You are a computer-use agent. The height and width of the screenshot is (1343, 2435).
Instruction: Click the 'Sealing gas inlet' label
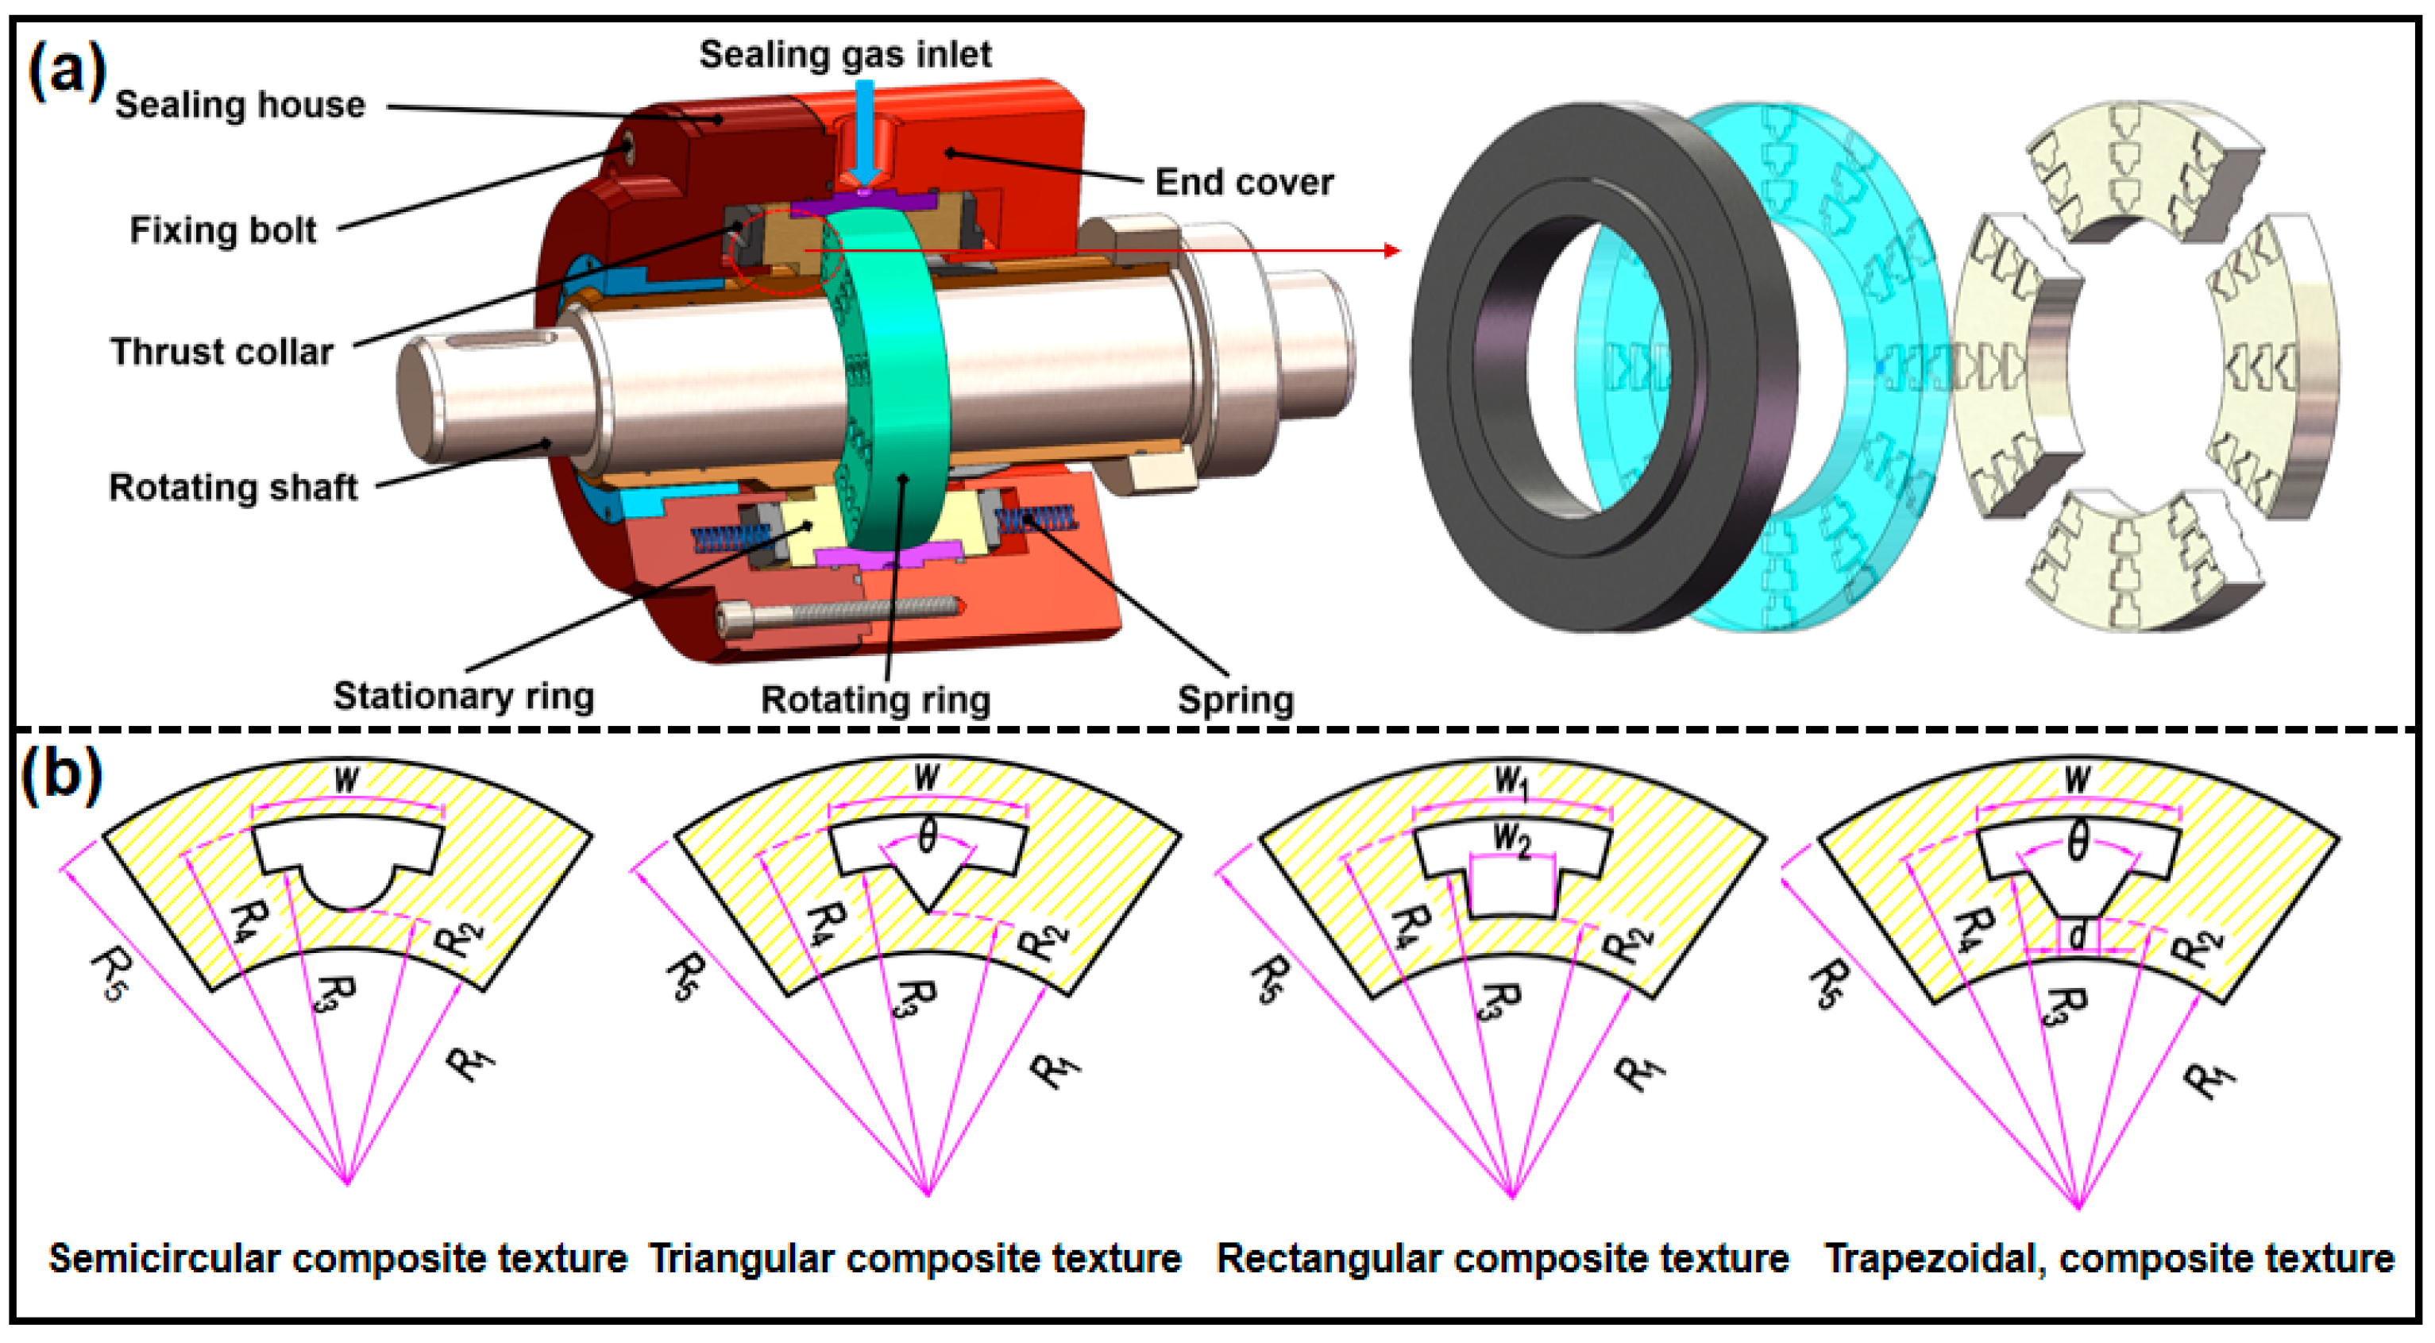[x=844, y=54]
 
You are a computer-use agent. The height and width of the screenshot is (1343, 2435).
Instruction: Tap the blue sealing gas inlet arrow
[x=864, y=133]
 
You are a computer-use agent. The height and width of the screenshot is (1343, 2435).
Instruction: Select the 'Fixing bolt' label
[x=223, y=230]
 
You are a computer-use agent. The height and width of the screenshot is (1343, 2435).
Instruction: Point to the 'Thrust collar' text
[x=222, y=352]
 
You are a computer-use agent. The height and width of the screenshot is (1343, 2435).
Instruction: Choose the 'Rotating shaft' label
[x=233, y=488]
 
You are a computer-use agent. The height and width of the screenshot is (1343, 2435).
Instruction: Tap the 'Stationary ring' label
[x=463, y=697]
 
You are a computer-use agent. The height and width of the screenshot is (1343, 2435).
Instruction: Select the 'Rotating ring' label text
[x=875, y=700]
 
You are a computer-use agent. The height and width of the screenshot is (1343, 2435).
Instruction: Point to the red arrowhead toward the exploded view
[x=1391, y=250]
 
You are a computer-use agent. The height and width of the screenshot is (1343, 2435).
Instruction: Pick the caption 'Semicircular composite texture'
[x=338, y=1259]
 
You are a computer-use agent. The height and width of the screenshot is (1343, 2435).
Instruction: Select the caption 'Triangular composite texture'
[x=915, y=1259]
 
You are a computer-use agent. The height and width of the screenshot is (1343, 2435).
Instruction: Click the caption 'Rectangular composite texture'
[x=1502, y=1259]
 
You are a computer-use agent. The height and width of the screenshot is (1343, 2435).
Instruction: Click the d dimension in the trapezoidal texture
[x=2078, y=936]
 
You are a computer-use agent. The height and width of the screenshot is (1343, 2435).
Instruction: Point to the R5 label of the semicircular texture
[x=109, y=975]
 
